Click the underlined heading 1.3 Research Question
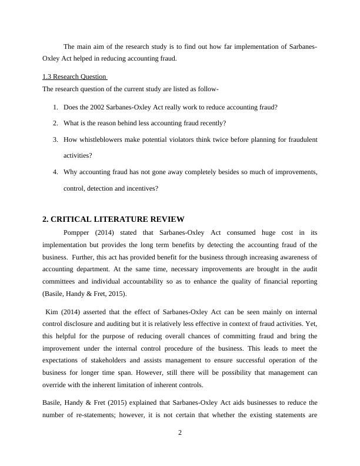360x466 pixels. click(75, 76)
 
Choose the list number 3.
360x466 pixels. click(55, 139)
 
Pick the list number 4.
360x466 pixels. click(55, 172)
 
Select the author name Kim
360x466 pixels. click(52, 311)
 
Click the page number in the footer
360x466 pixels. click(180, 434)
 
